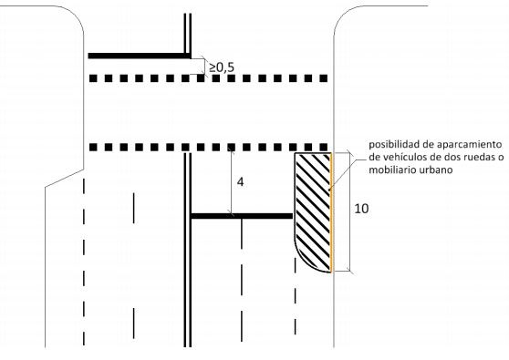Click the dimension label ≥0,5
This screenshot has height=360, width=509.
point(222,67)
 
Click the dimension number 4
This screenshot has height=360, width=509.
point(240,181)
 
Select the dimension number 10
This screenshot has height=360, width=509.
point(361,208)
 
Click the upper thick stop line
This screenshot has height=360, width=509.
point(137,57)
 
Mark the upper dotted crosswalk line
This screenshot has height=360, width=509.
point(210,78)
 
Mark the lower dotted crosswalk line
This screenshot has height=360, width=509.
point(210,146)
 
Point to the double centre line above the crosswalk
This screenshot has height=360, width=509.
point(186,32)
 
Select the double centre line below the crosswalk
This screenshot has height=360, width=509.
point(186,273)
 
